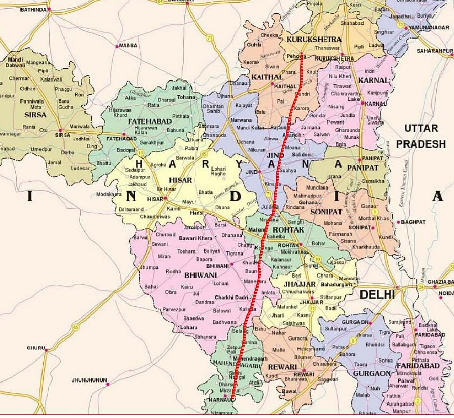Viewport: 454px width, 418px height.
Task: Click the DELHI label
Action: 377,294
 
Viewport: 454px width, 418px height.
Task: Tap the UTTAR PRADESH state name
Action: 424,136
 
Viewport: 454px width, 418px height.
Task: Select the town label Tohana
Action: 186,97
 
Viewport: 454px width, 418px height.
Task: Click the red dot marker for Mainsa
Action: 117,46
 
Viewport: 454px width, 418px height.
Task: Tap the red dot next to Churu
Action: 46,350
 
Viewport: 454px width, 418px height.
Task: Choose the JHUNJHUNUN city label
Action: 89,380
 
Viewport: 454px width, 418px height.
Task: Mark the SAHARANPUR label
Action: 435,51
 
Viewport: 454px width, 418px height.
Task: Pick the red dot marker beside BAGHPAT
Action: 398,222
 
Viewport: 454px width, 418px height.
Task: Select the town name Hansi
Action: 196,212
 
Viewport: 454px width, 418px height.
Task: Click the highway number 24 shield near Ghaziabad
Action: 420,287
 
